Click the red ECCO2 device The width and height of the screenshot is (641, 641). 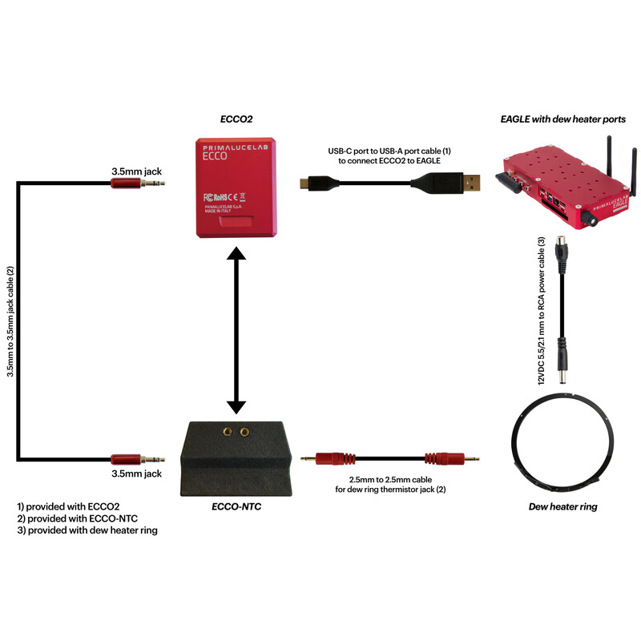click(x=237, y=187)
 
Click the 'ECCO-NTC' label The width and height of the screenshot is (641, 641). click(x=237, y=506)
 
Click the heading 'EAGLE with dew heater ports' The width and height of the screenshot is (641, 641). click(x=563, y=119)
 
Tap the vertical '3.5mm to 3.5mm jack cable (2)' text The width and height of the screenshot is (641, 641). click(x=10, y=320)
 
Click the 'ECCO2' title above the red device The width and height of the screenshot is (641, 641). click(x=236, y=119)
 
